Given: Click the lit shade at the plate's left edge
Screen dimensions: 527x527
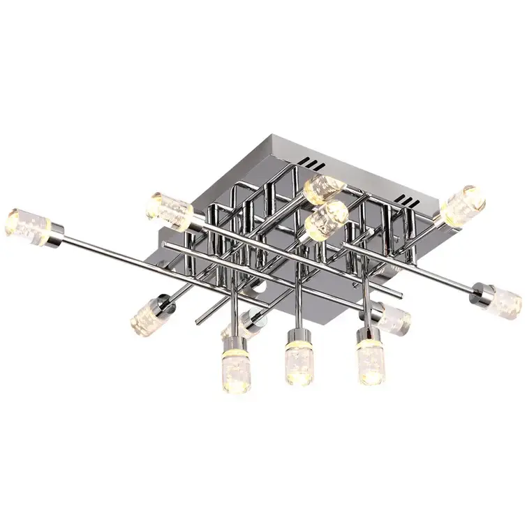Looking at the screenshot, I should coord(170,210).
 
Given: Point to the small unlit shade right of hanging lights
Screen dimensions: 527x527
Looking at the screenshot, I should coord(392,318).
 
